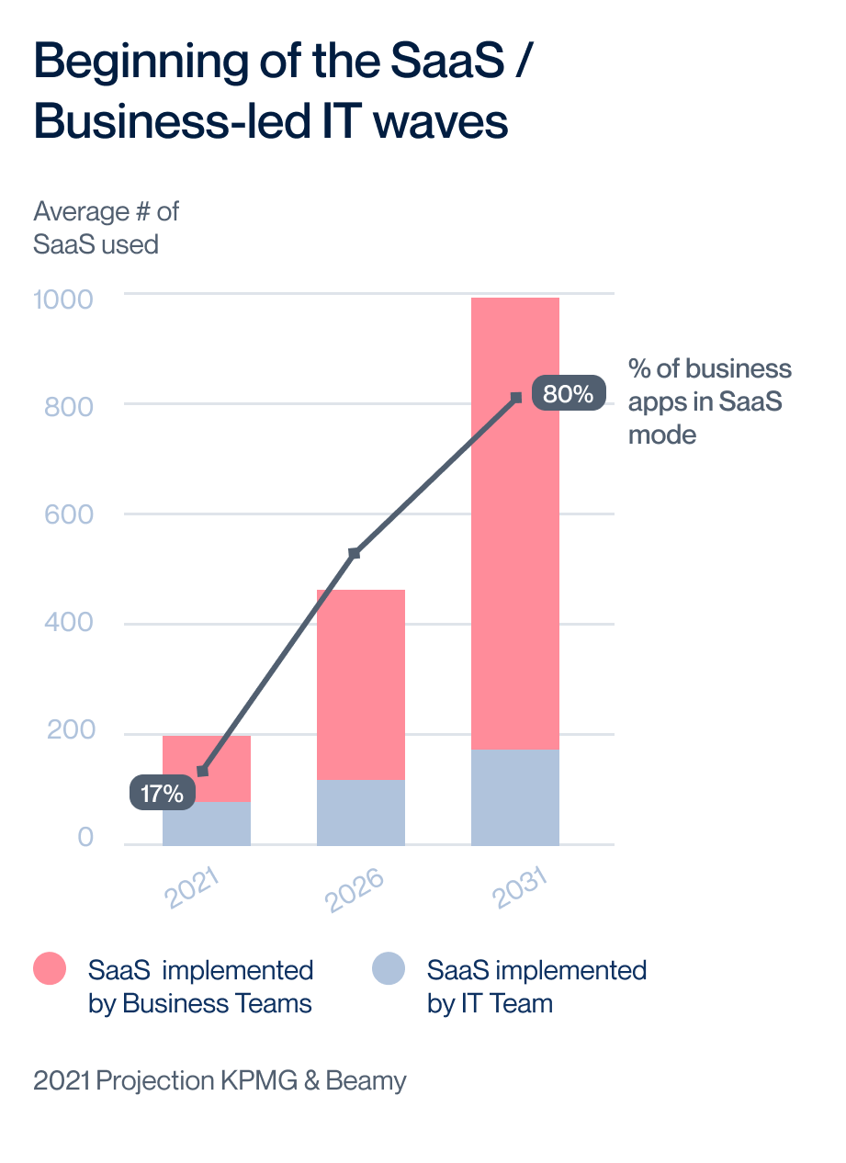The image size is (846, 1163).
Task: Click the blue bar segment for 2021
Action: point(207,824)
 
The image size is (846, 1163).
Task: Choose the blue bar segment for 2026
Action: point(361,813)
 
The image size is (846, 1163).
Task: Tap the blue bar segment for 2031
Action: point(515,797)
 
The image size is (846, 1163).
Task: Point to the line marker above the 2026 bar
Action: point(354,553)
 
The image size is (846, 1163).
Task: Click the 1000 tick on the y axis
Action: point(62,299)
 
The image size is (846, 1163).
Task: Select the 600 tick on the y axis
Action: point(69,514)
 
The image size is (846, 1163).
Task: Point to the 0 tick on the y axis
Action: point(85,837)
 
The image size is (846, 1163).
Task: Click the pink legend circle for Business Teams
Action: point(50,968)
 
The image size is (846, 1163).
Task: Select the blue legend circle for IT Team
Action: point(389,968)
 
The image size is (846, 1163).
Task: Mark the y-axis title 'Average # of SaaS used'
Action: point(106,228)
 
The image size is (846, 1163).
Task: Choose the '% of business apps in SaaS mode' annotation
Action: point(709,401)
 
